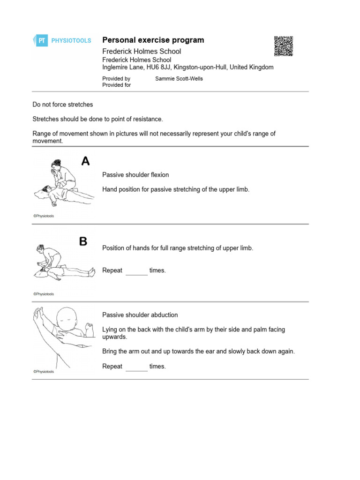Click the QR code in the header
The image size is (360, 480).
point(283,46)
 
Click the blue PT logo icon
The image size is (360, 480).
point(41,41)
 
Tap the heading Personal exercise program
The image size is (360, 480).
point(153,40)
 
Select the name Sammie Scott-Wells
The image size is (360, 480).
point(179,79)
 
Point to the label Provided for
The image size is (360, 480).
point(117,85)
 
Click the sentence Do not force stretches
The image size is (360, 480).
point(63,105)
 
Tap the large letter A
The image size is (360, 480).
point(85,162)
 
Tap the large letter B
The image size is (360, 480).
point(83,242)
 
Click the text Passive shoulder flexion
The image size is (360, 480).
point(135,175)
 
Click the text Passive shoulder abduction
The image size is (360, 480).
point(140,315)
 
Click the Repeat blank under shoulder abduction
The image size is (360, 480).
point(136,367)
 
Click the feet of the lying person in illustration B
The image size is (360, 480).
point(92,273)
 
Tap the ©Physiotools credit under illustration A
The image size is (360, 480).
point(44,216)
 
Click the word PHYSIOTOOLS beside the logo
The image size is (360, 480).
point(71,41)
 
